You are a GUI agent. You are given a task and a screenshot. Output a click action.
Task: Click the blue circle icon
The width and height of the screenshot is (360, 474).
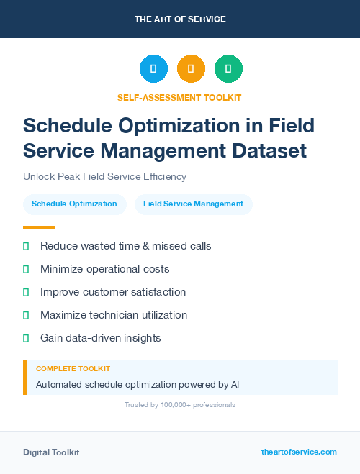(x=153, y=68)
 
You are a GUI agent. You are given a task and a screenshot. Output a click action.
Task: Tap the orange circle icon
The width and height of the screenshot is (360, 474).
(x=191, y=68)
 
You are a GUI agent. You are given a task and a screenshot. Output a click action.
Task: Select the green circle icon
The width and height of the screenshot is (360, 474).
(x=228, y=68)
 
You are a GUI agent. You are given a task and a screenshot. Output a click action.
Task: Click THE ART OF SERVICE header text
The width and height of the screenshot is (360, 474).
(x=180, y=19)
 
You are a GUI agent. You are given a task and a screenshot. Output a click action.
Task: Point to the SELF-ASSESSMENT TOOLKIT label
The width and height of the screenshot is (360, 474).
(x=179, y=97)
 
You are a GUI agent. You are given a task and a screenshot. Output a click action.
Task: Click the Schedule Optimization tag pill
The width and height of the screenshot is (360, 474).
(x=75, y=204)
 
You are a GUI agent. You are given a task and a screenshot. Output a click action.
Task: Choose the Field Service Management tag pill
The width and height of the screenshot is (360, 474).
(x=194, y=204)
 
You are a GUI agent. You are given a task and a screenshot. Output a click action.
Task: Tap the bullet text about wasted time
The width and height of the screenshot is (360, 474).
(x=126, y=246)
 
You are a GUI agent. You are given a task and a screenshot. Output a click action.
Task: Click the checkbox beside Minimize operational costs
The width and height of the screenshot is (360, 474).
(x=26, y=269)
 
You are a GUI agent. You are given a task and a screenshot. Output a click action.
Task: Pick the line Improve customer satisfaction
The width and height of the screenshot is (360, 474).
(x=113, y=292)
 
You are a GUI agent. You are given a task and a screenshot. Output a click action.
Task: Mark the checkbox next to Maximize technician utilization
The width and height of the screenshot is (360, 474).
(x=26, y=315)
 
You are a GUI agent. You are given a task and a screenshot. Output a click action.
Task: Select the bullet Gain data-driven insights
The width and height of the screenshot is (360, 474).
(x=101, y=338)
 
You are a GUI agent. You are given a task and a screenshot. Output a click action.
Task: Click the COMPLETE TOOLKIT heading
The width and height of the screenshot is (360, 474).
(x=73, y=369)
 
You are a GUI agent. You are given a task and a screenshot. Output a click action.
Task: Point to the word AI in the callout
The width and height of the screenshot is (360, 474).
(x=235, y=384)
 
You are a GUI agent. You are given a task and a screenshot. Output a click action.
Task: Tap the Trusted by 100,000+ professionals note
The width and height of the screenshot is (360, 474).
(x=180, y=405)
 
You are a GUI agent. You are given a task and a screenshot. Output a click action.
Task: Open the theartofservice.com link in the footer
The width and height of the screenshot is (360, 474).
(x=299, y=452)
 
